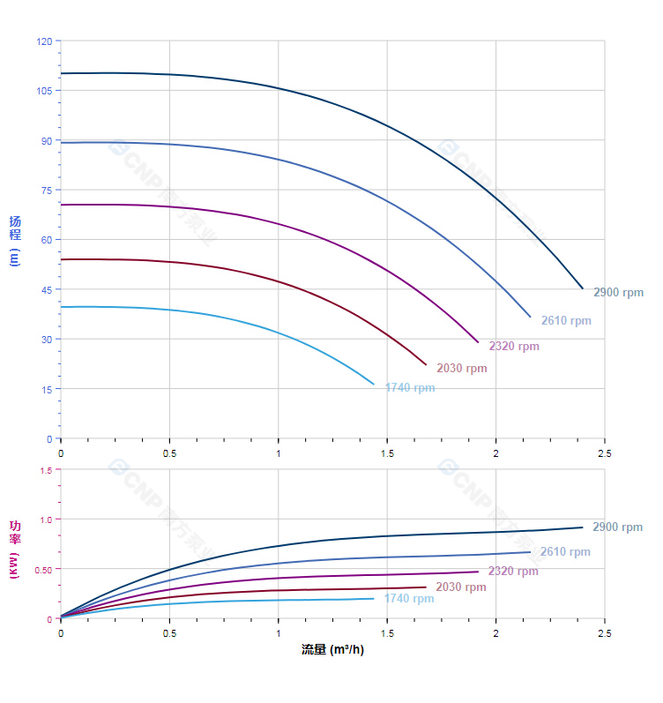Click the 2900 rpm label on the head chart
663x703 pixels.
pos(618,293)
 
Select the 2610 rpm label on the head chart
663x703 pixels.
pos(566,321)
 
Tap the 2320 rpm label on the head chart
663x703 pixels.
pos(514,347)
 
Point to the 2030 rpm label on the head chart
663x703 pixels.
pos(462,369)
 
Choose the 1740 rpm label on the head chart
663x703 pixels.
pos(410,388)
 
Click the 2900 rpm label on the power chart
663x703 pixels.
pos(617,527)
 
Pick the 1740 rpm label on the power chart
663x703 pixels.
pos(409,599)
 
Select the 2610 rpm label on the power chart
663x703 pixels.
pos(565,552)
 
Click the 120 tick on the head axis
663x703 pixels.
pos(44,41)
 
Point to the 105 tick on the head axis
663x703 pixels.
pos(44,91)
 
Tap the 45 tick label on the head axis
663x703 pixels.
pos(47,290)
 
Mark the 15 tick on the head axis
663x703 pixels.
pos(47,389)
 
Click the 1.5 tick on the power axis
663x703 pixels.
pos(47,470)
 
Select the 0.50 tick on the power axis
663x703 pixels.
pos(43,569)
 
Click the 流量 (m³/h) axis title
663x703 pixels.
pos(332,650)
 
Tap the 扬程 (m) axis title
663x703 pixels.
pos(15,240)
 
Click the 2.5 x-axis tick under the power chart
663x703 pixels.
pos(604,633)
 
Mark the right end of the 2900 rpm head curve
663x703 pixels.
pos(583,288)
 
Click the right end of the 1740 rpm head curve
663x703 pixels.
pos(374,385)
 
